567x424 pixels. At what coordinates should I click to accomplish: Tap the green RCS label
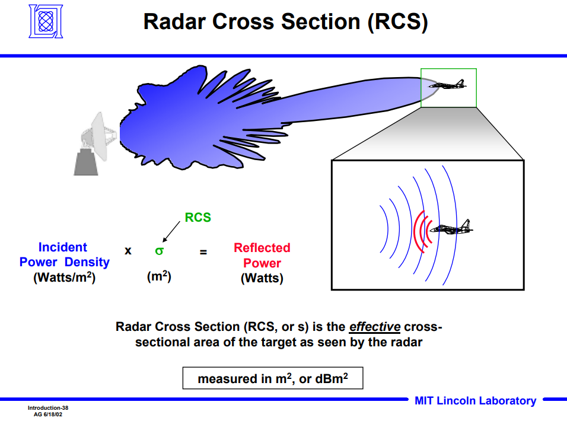pyautogui.click(x=198, y=218)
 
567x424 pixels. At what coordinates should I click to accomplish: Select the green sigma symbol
pyautogui.click(x=159, y=250)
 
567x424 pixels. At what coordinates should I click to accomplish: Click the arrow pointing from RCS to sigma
pyautogui.click(x=173, y=232)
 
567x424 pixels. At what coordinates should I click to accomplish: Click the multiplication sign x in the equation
pyautogui.click(x=128, y=250)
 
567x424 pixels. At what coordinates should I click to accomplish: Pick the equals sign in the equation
pyautogui.click(x=203, y=251)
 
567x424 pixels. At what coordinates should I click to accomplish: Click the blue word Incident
pyautogui.click(x=62, y=247)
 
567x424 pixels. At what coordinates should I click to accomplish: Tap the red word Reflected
pyautogui.click(x=262, y=248)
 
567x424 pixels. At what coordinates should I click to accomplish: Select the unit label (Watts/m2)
pyautogui.click(x=64, y=277)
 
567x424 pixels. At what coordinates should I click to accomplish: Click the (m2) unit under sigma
pyautogui.click(x=159, y=276)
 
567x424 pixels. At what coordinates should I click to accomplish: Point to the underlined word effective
pyautogui.click(x=375, y=327)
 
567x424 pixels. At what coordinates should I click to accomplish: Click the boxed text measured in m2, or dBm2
pyautogui.click(x=272, y=378)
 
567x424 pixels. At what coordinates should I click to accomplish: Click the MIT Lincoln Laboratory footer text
pyautogui.click(x=475, y=401)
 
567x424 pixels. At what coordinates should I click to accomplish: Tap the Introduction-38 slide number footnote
pyautogui.click(x=49, y=408)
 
